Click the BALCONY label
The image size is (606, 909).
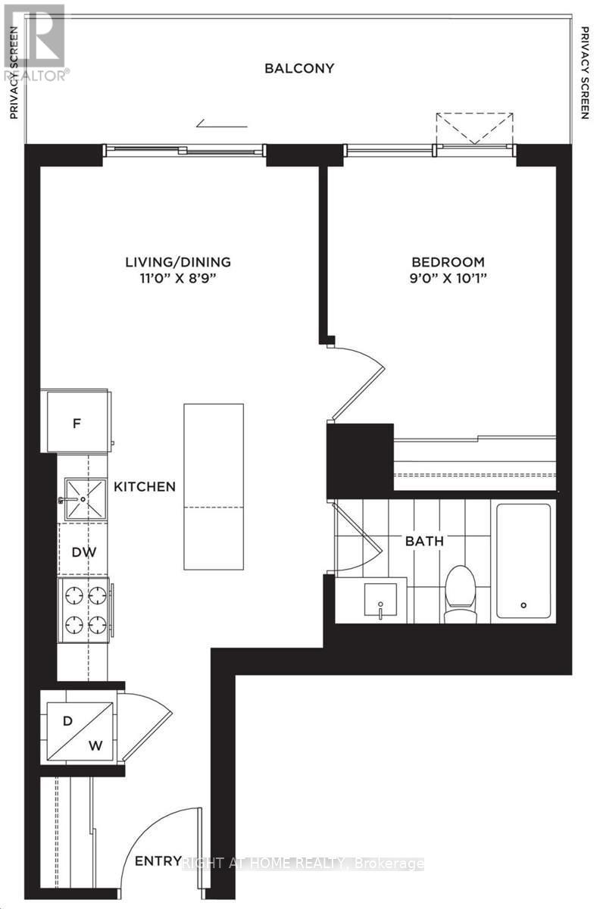coord(299,68)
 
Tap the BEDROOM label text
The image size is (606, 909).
coord(443,262)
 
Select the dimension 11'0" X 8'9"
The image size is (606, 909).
coord(178,278)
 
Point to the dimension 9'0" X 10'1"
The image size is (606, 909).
coord(443,278)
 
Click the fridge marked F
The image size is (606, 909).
coord(77,423)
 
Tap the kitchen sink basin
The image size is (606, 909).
coord(84,498)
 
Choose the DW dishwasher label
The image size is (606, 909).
coord(84,552)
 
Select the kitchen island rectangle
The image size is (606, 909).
coord(214,488)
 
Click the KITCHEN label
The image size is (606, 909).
coord(145,486)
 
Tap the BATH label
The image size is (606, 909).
coord(425,541)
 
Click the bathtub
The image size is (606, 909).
coord(523,561)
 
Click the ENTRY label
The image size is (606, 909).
coord(158,861)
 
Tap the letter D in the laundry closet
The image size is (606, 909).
coord(67,720)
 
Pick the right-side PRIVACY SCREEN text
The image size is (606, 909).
coord(585,73)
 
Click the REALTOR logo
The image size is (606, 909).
coord(35,42)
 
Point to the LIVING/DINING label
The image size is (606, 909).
coord(178,262)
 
